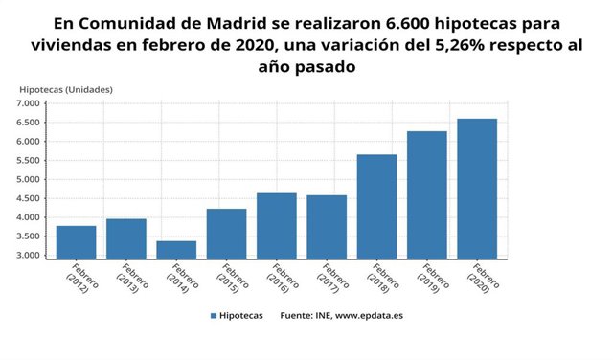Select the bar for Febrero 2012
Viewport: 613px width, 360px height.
pyautogui.click(x=76, y=241)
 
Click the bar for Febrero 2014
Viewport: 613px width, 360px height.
pyautogui.click(x=176, y=249)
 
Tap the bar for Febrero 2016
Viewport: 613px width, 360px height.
pyautogui.click(x=276, y=225)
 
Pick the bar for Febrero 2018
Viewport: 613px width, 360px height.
pyautogui.click(x=376, y=206)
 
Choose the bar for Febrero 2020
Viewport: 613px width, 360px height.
pyautogui.click(x=477, y=188)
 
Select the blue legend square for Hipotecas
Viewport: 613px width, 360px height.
pyautogui.click(x=213, y=314)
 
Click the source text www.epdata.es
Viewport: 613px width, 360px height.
pyautogui.click(x=369, y=314)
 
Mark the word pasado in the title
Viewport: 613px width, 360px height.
pyautogui.click(x=328, y=66)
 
